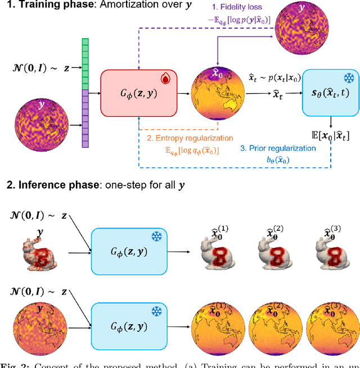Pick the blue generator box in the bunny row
pyautogui.click(x=128, y=251)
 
